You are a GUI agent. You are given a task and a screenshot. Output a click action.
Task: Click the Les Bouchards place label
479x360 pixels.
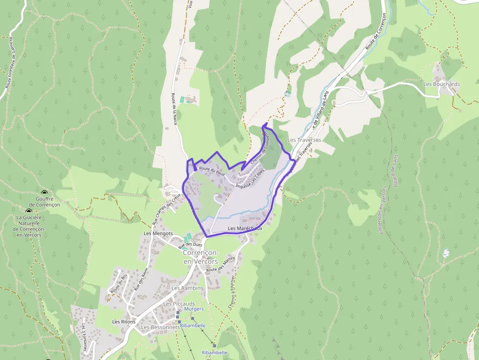tap(441, 84)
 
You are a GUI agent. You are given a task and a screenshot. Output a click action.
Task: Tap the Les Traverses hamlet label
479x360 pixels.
tap(304, 140)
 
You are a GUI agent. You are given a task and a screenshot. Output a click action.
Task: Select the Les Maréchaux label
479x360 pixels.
tap(245, 228)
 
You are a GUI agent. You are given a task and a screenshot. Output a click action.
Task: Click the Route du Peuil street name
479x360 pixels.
tap(211, 169)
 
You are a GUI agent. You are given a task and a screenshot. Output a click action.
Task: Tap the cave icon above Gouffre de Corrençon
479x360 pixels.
tap(44, 193)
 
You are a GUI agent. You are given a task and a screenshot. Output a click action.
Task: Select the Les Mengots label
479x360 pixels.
tap(158, 233)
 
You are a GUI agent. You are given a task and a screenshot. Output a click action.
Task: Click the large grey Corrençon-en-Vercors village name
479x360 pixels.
tap(201, 257)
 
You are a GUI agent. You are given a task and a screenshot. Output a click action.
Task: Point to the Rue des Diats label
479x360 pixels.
tap(191, 244)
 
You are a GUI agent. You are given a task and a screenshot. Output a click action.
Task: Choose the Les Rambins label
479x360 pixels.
tap(187, 288)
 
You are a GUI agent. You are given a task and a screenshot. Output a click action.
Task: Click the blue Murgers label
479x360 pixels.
tap(194, 309)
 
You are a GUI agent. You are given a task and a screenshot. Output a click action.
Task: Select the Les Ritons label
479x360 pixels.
tap(124, 322)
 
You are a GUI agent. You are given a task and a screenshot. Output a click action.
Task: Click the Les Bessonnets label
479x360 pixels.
tap(159, 327)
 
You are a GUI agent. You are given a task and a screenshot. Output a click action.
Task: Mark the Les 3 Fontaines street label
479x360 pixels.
tap(85, 337)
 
